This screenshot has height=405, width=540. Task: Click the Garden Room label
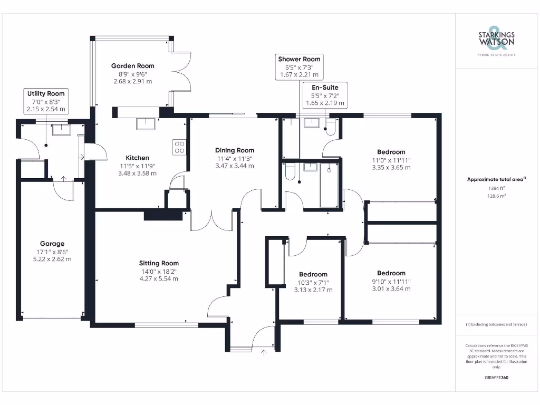pos(133,66)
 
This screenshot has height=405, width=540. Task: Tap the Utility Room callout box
pos(46,101)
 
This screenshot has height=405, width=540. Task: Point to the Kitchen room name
pos(137,158)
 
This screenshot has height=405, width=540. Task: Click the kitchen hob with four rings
pos(179,147)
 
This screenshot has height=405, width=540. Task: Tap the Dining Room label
pos(235,150)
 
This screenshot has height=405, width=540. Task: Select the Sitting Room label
pos(159,263)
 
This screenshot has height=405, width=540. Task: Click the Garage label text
pos(52,244)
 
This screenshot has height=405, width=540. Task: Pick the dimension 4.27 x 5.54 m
pos(159,278)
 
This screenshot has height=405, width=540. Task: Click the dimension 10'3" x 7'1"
pos(313,282)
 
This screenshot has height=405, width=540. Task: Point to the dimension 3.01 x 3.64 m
pos(391,288)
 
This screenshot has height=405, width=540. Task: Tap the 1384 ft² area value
pos(496,188)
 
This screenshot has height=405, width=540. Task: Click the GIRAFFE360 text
pos(496,378)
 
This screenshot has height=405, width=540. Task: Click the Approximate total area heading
pos(496,179)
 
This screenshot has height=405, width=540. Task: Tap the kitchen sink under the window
pos(146,124)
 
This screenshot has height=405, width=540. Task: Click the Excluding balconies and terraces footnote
pos(496,324)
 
